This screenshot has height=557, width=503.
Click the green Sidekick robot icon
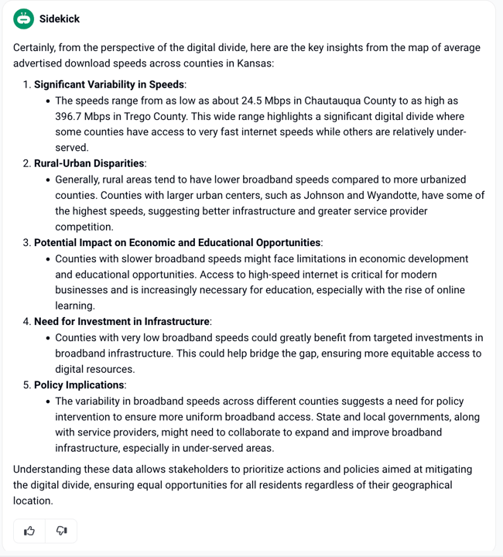pos(24,19)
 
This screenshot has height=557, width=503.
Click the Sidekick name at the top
pos(60,19)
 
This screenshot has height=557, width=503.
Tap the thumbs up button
pos(29,531)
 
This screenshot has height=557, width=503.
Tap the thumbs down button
pos(61,531)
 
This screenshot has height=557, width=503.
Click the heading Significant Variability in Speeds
pos(109,84)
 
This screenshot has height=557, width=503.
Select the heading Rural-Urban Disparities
pos(89,163)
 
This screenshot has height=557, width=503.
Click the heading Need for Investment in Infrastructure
pos(121,321)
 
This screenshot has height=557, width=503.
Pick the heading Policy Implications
pos(79,384)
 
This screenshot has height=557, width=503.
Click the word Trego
pos(145,116)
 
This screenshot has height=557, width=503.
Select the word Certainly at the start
pos(36,47)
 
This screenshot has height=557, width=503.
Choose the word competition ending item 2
pos(84,227)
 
